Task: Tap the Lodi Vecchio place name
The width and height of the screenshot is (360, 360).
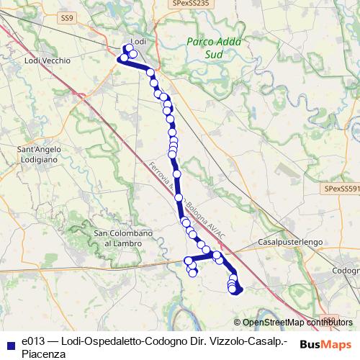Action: (48, 61)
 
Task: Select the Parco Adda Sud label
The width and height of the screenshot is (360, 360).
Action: (207, 47)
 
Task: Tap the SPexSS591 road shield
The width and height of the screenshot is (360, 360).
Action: (340, 188)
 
